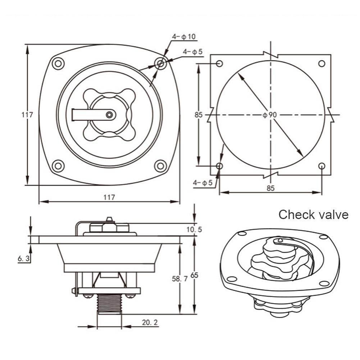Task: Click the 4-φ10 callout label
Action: (x=183, y=37)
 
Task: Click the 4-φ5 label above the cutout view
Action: (x=192, y=52)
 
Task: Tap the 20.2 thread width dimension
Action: (x=150, y=323)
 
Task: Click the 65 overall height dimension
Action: (x=194, y=275)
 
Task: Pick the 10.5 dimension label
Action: (x=194, y=229)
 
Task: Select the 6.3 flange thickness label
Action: (x=23, y=258)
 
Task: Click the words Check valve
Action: (x=313, y=215)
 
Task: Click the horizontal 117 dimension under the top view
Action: (x=109, y=197)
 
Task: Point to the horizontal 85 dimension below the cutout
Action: (x=270, y=188)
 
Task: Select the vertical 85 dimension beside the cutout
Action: (x=199, y=115)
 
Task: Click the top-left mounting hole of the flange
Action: (x=58, y=64)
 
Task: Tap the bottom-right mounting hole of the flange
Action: (x=160, y=166)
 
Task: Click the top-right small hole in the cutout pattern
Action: (x=322, y=64)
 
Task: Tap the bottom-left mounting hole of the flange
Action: (x=58, y=166)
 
